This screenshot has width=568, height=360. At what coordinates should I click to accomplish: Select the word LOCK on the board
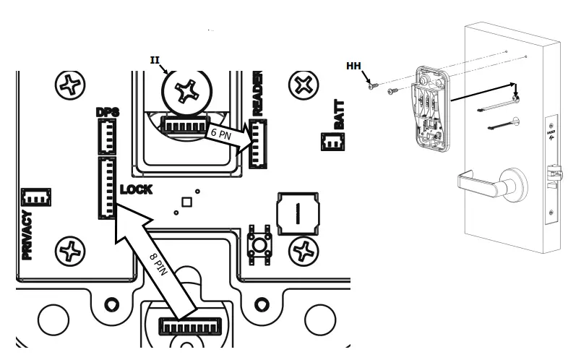pos(136,189)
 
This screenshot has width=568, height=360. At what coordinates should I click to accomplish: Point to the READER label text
pos(257,94)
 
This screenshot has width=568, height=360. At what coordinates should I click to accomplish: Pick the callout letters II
pos(154,59)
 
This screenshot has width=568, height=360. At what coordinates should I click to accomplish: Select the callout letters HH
pos(353,67)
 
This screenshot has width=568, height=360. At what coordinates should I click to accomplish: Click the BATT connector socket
pos(332,143)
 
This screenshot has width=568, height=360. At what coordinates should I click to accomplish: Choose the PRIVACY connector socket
pos(33,197)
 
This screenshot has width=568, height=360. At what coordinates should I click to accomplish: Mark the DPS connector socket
pos(107,135)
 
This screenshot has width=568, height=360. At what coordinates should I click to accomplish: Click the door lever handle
pos(476,185)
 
